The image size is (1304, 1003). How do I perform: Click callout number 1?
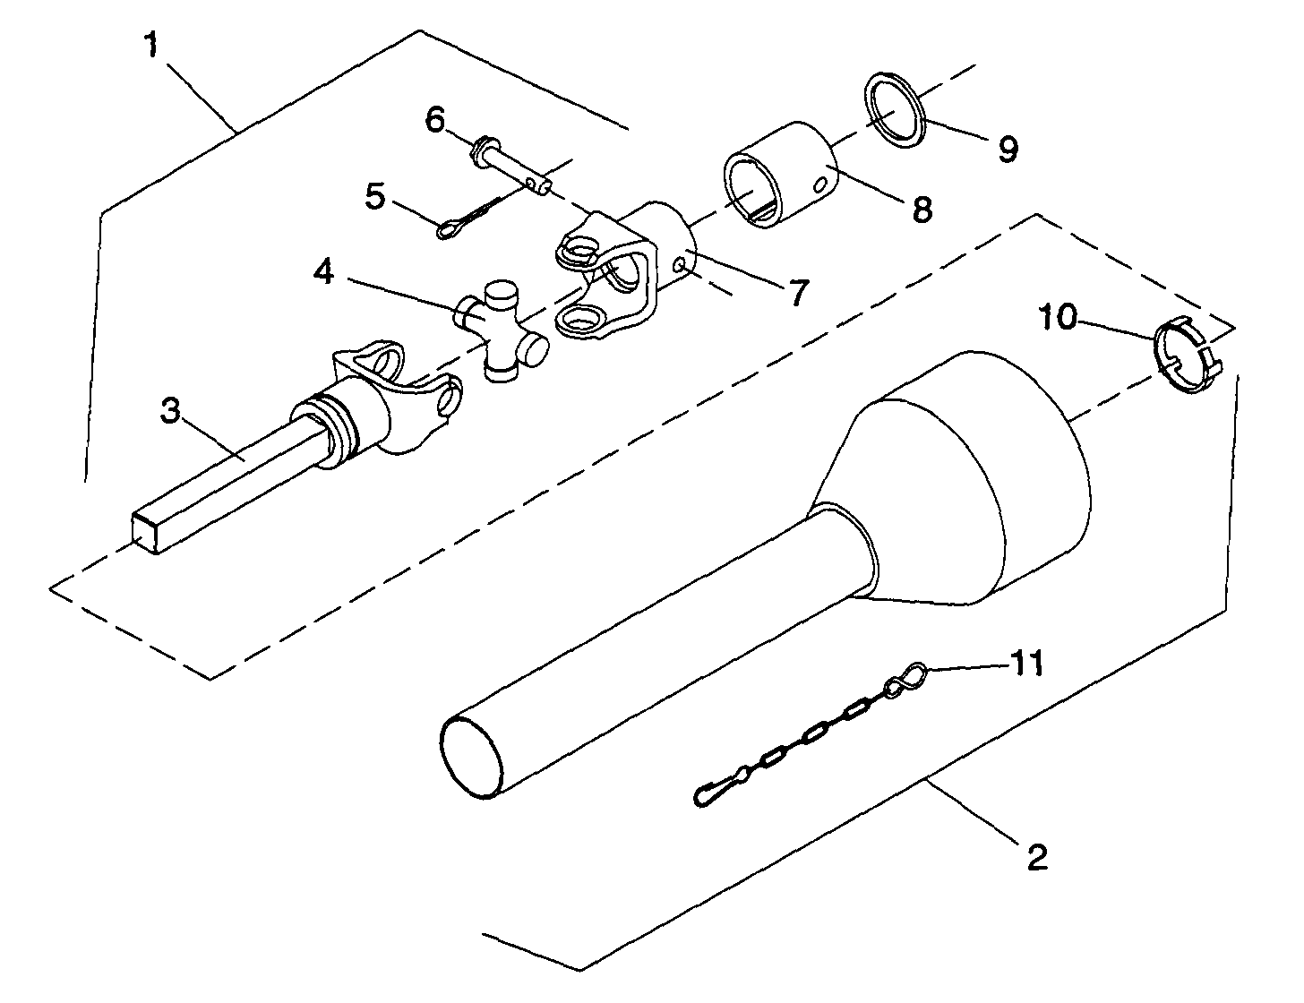[152, 46]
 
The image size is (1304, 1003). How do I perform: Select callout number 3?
[171, 411]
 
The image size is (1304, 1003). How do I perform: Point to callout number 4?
[322, 273]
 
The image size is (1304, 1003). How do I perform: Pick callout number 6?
[435, 119]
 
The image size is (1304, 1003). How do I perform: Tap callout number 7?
[796, 294]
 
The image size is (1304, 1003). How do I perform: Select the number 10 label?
[1058, 317]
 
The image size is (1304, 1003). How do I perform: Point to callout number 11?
[1026, 664]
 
